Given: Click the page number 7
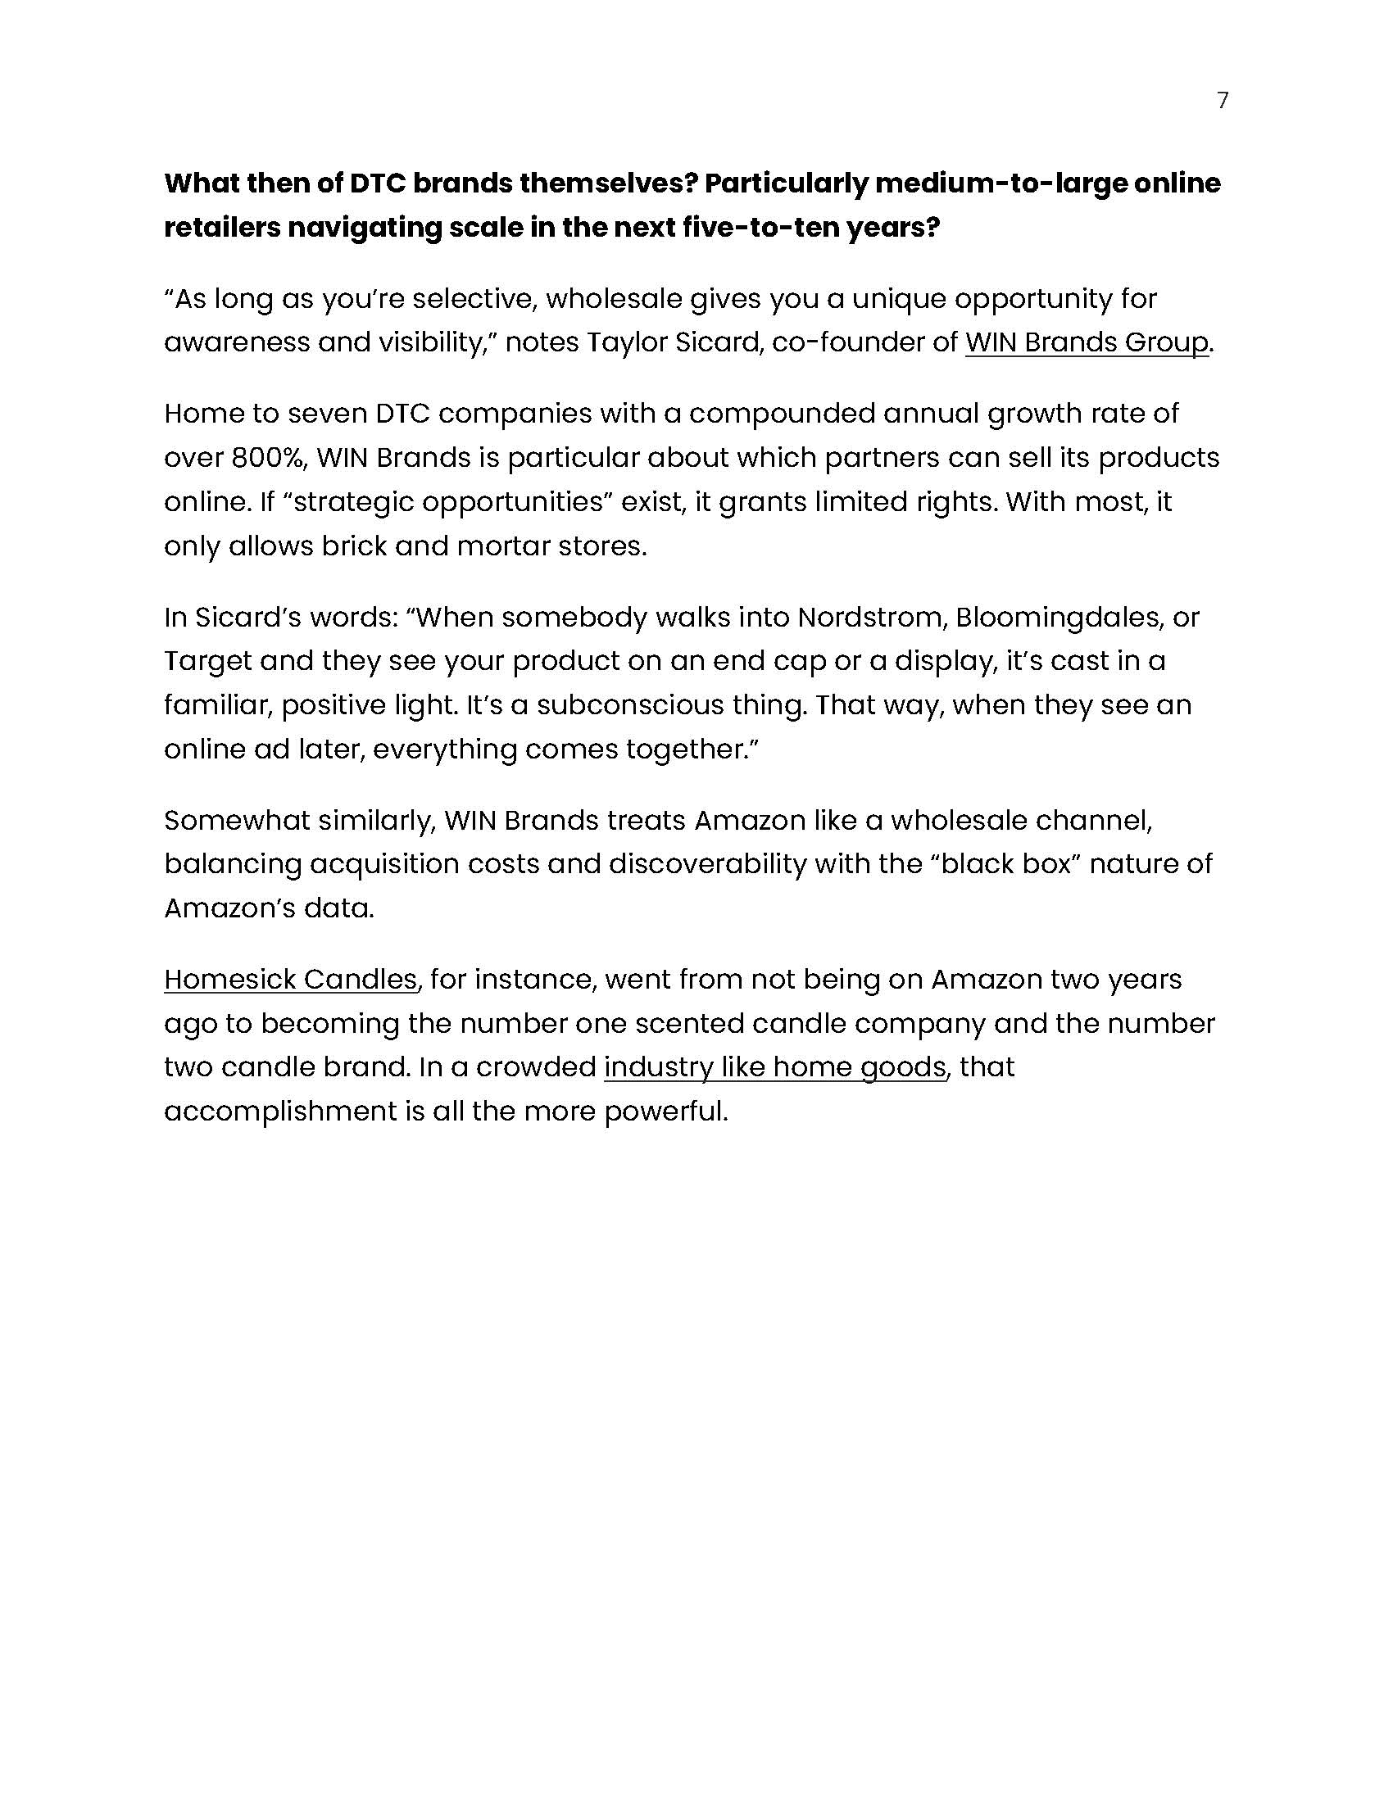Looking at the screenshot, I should (1223, 101).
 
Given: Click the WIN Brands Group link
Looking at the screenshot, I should (1086, 342).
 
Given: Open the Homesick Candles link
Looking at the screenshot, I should (291, 980).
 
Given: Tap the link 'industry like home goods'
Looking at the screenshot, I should (775, 1067).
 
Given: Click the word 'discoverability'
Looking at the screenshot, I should (707, 864).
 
